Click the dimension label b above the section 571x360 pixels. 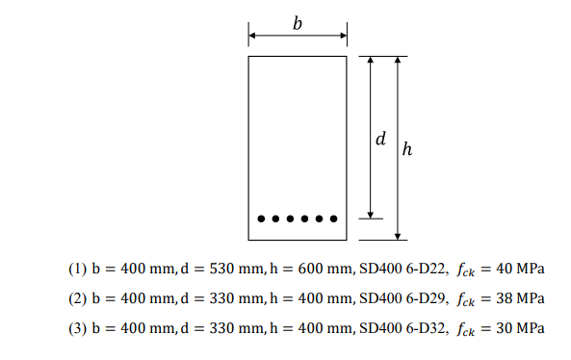[x=298, y=24]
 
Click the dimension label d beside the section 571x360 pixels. [x=381, y=139]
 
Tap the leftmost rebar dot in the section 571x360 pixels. [x=261, y=219]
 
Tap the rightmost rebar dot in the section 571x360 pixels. [x=334, y=219]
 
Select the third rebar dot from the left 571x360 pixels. [x=291, y=219]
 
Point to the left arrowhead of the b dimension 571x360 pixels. [x=252, y=37]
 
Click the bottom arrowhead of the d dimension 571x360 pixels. [x=371, y=214]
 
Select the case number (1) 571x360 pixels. [x=77, y=269]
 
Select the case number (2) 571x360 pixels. [x=77, y=299]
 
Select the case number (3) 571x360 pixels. [x=77, y=330]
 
